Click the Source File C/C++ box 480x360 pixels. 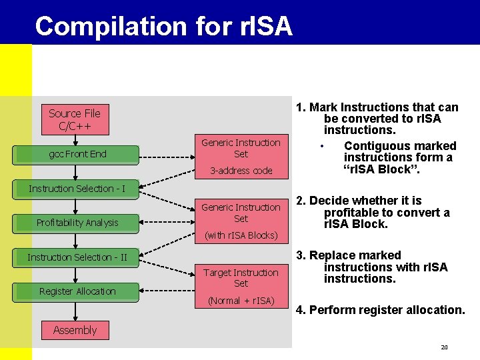coord(75,120)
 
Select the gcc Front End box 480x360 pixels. coord(77,154)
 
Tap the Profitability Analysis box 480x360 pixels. coord(77,223)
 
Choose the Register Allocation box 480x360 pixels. coord(77,291)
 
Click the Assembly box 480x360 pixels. coord(75,330)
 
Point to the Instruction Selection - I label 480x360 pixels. coord(77,189)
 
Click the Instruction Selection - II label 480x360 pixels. coord(77,257)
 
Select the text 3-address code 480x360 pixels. coord(241,171)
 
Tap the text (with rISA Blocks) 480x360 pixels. coord(241,235)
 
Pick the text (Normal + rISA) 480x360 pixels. coord(241,301)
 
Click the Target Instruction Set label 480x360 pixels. coord(241,277)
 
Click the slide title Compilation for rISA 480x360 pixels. coord(163,26)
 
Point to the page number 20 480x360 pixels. coord(443,347)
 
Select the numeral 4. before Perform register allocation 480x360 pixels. coord(301,310)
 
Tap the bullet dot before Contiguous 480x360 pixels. coord(323,147)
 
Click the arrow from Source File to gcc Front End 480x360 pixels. coord(75,140)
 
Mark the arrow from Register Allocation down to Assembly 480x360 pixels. coord(75,311)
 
